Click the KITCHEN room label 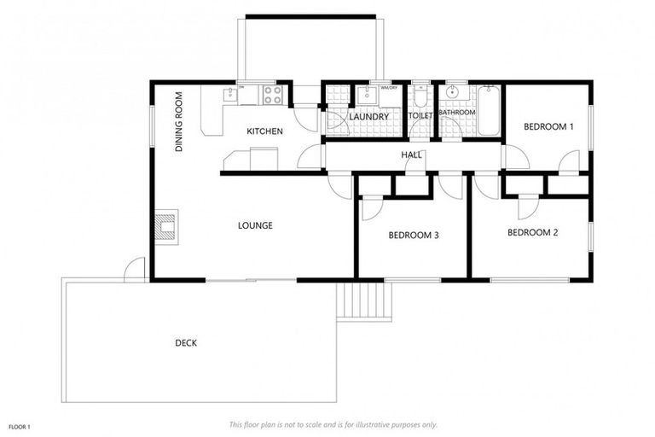264,131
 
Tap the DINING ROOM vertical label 180,122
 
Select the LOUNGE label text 255,226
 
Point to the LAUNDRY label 369,117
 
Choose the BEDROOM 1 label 548,127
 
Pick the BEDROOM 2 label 532,232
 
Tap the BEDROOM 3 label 413,236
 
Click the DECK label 186,343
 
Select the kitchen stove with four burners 273,95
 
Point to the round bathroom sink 452,93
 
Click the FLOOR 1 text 20,425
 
